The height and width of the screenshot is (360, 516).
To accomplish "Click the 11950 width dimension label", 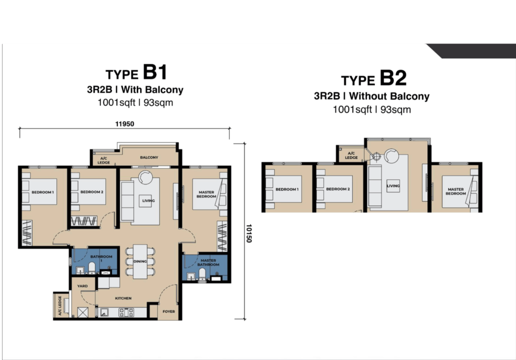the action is click(x=124, y=124).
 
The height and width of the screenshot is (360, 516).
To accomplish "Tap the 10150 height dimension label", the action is click(x=248, y=234).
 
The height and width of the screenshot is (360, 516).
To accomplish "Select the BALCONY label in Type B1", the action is click(x=149, y=158).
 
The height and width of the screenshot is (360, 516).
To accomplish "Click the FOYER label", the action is click(x=169, y=311).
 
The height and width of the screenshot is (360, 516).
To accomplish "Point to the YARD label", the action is click(x=83, y=286).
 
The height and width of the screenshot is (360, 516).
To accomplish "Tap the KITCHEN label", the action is click(x=123, y=298).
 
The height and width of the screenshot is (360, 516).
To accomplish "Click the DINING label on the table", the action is click(x=140, y=261).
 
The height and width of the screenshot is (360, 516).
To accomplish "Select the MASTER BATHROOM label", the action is click(x=208, y=262).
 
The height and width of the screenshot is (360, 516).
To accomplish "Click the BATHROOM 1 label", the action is click(x=101, y=258).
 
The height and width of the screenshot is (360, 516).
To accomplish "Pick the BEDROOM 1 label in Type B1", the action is click(x=43, y=192).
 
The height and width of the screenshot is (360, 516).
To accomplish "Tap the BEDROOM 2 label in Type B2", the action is click(x=338, y=189).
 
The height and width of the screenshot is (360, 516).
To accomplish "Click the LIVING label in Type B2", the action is click(x=393, y=186).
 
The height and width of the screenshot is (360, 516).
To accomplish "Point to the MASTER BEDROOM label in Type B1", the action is click(x=206, y=194).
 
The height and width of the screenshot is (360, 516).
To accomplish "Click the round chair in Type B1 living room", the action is click(x=145, y=177).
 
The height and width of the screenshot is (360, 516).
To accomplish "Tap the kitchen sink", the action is click(x=104, y=312).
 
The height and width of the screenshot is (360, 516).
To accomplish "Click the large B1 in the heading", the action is click(x=155, y=72).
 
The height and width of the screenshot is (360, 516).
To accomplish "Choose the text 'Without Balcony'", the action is click(x=390, y=96).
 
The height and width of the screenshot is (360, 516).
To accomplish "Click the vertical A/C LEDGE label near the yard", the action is click(x=60, y=306).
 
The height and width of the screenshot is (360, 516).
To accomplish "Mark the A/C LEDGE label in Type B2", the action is click(x=351, y=155).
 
